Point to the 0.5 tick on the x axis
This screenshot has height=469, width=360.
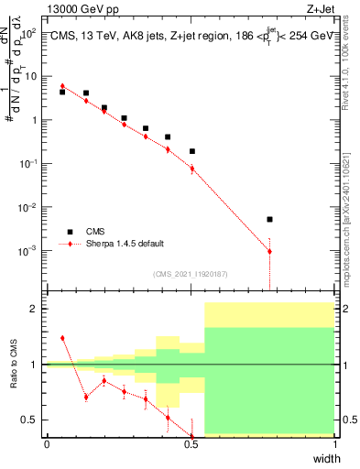[191, 443]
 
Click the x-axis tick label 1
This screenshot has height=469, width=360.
[334, 443]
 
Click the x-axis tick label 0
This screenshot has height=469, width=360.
[47, 443]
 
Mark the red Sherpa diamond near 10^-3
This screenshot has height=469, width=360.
[269, 251]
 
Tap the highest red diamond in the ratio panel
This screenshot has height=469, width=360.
[62, 338]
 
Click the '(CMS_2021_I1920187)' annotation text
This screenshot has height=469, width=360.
[190, 273]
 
